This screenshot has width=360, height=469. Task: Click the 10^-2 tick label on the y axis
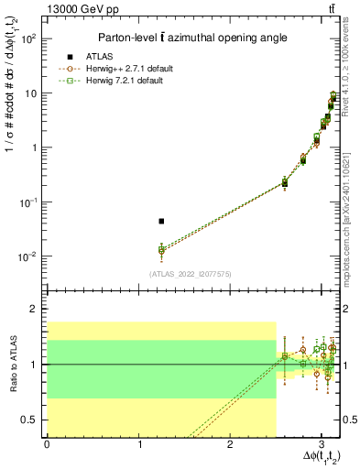tap(28, 256)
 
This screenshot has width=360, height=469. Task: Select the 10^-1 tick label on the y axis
tap(28, 202)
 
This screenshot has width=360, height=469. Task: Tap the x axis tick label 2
tap(230, 443)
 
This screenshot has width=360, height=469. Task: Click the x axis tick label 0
tap(47, 443)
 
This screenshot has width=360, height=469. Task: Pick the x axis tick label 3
tap(322, 443)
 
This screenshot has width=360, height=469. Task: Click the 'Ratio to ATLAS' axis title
tap(11, 365)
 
